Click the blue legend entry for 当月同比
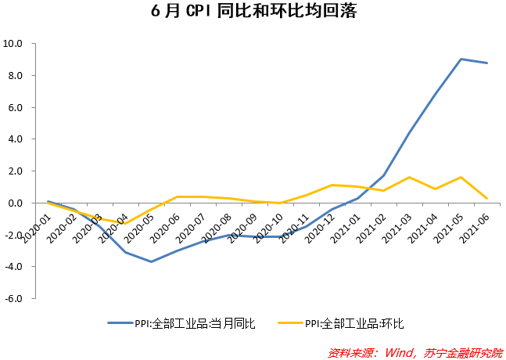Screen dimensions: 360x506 pos(181,322)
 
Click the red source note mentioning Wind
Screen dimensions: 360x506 pos(414,351)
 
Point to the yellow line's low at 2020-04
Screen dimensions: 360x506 pos(124,224)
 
